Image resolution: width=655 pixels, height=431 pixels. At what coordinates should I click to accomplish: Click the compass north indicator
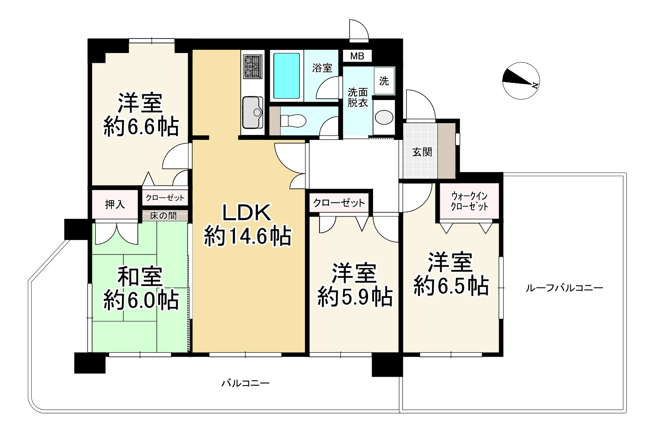pos(521,81)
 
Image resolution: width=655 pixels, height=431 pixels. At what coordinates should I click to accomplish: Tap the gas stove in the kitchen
pos(252,67)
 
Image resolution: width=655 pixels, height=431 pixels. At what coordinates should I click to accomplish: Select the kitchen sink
pos(252,112)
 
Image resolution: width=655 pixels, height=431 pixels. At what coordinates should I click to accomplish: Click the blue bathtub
pos(286,76)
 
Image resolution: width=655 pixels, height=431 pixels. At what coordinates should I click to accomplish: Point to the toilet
pos(293,120)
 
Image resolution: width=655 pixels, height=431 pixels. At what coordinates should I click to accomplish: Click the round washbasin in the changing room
pos(384,118)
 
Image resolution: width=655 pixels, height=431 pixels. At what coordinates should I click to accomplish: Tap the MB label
pos(357,56)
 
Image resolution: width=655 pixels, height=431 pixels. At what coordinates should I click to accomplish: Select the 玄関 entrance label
pos(422,152)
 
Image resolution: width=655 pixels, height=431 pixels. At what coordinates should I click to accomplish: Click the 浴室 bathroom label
pos(322,68)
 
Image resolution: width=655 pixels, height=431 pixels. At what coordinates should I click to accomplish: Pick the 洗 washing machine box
pos(384,81)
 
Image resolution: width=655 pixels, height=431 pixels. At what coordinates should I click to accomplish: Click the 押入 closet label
pos(115,204)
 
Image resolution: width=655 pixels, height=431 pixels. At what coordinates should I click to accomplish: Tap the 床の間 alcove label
pos(163,216)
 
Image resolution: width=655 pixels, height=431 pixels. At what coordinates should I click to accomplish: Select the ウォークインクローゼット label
pos(469,201)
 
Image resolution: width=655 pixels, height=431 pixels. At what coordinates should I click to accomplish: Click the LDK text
pos(247,213)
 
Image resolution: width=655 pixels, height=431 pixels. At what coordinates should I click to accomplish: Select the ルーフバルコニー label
pos(564,288)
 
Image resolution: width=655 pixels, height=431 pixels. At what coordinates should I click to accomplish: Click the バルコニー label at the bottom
pos(245,383)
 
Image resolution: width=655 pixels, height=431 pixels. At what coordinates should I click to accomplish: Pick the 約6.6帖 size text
pos(141,127)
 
